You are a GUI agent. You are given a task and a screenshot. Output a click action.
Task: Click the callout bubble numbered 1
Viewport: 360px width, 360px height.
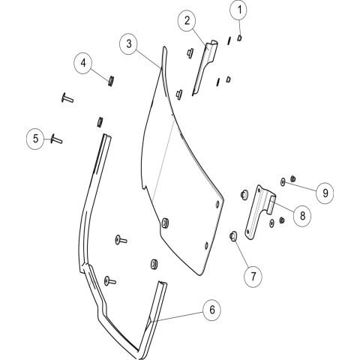coord(239,10)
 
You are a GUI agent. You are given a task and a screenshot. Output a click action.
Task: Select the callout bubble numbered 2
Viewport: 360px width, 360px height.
coord(187,20)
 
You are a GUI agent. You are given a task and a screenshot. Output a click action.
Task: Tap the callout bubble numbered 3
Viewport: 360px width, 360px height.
coord(129,44)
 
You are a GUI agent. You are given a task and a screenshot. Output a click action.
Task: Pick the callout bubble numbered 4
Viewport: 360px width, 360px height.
coord(83,63)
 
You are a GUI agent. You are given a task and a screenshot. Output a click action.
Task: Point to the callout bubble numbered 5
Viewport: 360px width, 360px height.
coord(36,138)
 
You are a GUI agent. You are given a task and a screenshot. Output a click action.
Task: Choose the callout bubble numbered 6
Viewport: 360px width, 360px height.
coord(212,310)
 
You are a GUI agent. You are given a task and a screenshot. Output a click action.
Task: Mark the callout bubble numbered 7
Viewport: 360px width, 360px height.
coord(253,276)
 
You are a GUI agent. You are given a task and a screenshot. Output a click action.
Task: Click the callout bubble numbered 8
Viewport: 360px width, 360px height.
coord(302,215)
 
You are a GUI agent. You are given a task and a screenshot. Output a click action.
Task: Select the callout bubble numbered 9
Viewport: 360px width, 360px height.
coord(325,193)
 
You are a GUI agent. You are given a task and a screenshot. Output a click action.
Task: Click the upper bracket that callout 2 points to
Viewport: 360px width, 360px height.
coord(203,67)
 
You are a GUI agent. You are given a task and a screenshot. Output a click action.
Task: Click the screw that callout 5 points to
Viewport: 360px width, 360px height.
coord(57,139)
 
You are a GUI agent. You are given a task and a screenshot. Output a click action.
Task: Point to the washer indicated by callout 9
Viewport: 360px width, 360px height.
coord(283,181)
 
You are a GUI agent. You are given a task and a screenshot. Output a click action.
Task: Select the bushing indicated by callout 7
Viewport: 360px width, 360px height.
coord(233,236)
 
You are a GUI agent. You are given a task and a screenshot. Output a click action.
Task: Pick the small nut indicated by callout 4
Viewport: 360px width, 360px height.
coord(111,80)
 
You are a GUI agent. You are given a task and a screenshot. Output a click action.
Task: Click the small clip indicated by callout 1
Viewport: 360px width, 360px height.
coord(239,38)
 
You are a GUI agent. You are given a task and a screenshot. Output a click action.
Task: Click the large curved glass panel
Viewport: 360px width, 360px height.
coord(180,175)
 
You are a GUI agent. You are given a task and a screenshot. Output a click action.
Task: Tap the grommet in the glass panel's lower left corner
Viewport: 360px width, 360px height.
coord(165,223)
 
